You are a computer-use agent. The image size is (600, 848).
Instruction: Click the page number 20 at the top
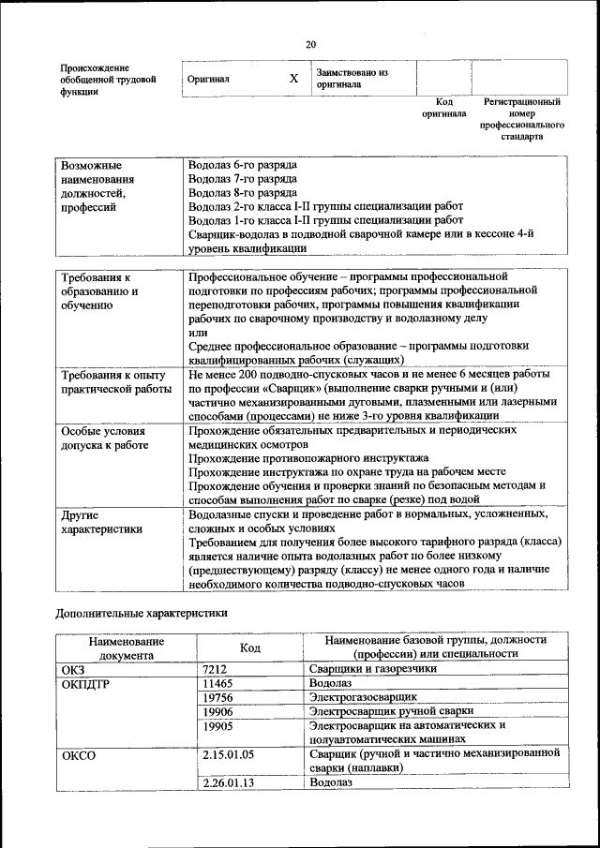click(310, 44)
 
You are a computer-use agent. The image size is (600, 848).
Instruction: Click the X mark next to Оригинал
click(293, 80)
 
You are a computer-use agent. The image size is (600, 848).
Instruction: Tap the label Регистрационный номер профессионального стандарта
click(522, 118)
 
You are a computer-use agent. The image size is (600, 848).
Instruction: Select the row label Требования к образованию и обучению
click(99, 291)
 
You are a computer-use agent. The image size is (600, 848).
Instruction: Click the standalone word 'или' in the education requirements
click(198, 332)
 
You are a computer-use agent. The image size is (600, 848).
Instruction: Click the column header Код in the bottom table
click(250, 647)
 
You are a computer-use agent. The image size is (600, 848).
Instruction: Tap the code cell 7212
click(217, 670)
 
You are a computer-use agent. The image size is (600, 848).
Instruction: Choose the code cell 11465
click(218, 685)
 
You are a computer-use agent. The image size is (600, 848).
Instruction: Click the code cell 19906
click(218, 711)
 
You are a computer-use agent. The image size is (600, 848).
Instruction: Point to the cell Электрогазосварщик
click(363, 698)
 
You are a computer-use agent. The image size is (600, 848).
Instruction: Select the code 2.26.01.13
click(229, 781)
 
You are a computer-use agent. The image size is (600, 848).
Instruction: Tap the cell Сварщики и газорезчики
click(373, 670)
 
